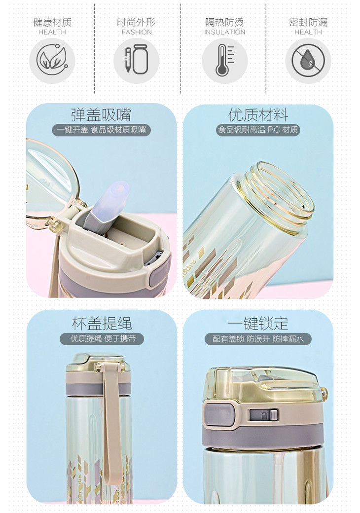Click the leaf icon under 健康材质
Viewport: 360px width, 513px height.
pyautogui.click(x=52, y=61)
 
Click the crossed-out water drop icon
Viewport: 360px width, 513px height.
pyautogui.click(x=308, y=61)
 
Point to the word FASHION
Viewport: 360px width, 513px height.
pyautogui.click(x=137, y=32)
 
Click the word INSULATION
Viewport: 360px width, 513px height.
pyautogui.click(x=225, y=32)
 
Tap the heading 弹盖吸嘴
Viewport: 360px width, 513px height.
pyautogui.click(x=101, y=114)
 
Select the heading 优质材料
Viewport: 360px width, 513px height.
pyautogui.click(x=258, y=115)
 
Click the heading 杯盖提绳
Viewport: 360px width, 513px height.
pyautogui.click(x=102, y=324)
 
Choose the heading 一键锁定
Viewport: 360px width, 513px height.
pyautogui.click(x=258, y=324)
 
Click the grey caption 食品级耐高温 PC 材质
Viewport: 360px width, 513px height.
pyautogui.click(x=258, y=130)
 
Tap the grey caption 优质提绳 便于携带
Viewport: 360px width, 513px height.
pyautogui.click(x=102, y=338)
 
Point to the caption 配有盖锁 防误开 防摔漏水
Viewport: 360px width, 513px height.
pyautogui.click(x=258, y=339)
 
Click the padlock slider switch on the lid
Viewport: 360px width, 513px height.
pyautogui.click(x=263, y=415)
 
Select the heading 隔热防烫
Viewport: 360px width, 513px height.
pyautogui.click(x=225, y=22)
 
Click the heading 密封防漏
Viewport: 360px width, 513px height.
pyautogui.click(x=308, y=22)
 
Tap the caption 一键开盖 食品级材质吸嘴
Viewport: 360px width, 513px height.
pyautogui.click(x=102, y=130)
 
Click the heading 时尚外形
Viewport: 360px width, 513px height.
pyautogui.click(x=136, y=22)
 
